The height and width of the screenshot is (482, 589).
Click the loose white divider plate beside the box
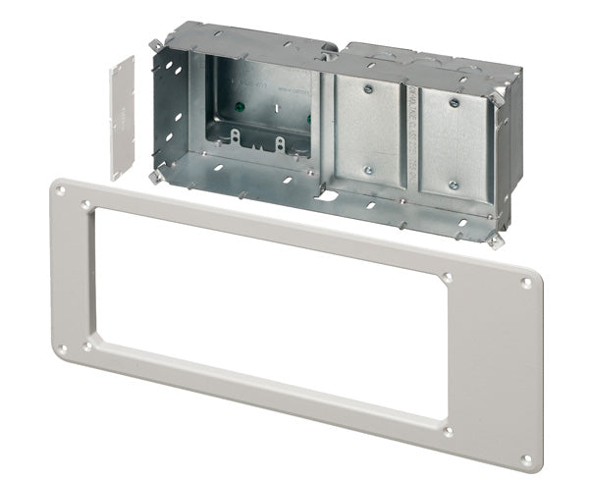[122, 117]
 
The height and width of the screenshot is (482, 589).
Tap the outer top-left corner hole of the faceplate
[62, 192]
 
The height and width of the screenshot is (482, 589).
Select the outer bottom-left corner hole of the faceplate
[62, 348]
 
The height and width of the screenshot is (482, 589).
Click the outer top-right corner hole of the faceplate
[526, 283]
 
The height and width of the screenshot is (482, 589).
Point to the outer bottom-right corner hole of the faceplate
[526, 458]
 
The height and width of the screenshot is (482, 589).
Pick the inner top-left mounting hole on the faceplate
[87, 205]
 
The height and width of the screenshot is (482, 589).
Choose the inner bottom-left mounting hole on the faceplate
[87, 346]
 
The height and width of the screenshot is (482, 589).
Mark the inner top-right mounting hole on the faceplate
[448, 278]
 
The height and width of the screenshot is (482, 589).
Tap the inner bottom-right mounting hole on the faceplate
[448, 430]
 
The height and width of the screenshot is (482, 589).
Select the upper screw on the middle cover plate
[367, 89]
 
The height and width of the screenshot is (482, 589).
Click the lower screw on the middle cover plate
[367, 170]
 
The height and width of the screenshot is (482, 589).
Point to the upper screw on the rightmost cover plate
[454, 101]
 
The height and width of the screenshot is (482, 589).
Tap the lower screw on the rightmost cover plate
[454, 185]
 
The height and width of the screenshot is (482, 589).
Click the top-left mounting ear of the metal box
[156, 42]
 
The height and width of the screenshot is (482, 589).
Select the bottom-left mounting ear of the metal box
[156, 177]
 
